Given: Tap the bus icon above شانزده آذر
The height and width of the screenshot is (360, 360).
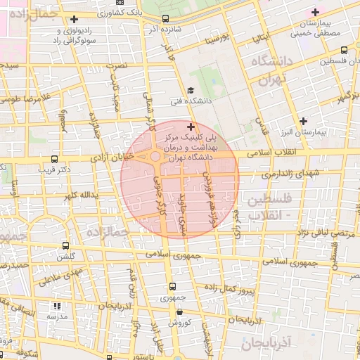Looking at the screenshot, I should (165, 19).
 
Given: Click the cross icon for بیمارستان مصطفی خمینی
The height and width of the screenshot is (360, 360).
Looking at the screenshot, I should (315, 12).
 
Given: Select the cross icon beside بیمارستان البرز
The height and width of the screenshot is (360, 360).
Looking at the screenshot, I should (303, 120).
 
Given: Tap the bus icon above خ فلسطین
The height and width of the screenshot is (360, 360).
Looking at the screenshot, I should (343, 50).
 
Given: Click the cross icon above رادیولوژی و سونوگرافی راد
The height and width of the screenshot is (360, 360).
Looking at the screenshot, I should (74, 18).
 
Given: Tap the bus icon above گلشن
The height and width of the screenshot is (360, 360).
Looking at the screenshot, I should (65, 246).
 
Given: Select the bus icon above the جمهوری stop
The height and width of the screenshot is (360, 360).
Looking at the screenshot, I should (172, 286).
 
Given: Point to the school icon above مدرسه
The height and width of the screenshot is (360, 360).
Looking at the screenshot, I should (57, 306).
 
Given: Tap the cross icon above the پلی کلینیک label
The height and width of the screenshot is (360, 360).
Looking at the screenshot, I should (191, 127).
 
